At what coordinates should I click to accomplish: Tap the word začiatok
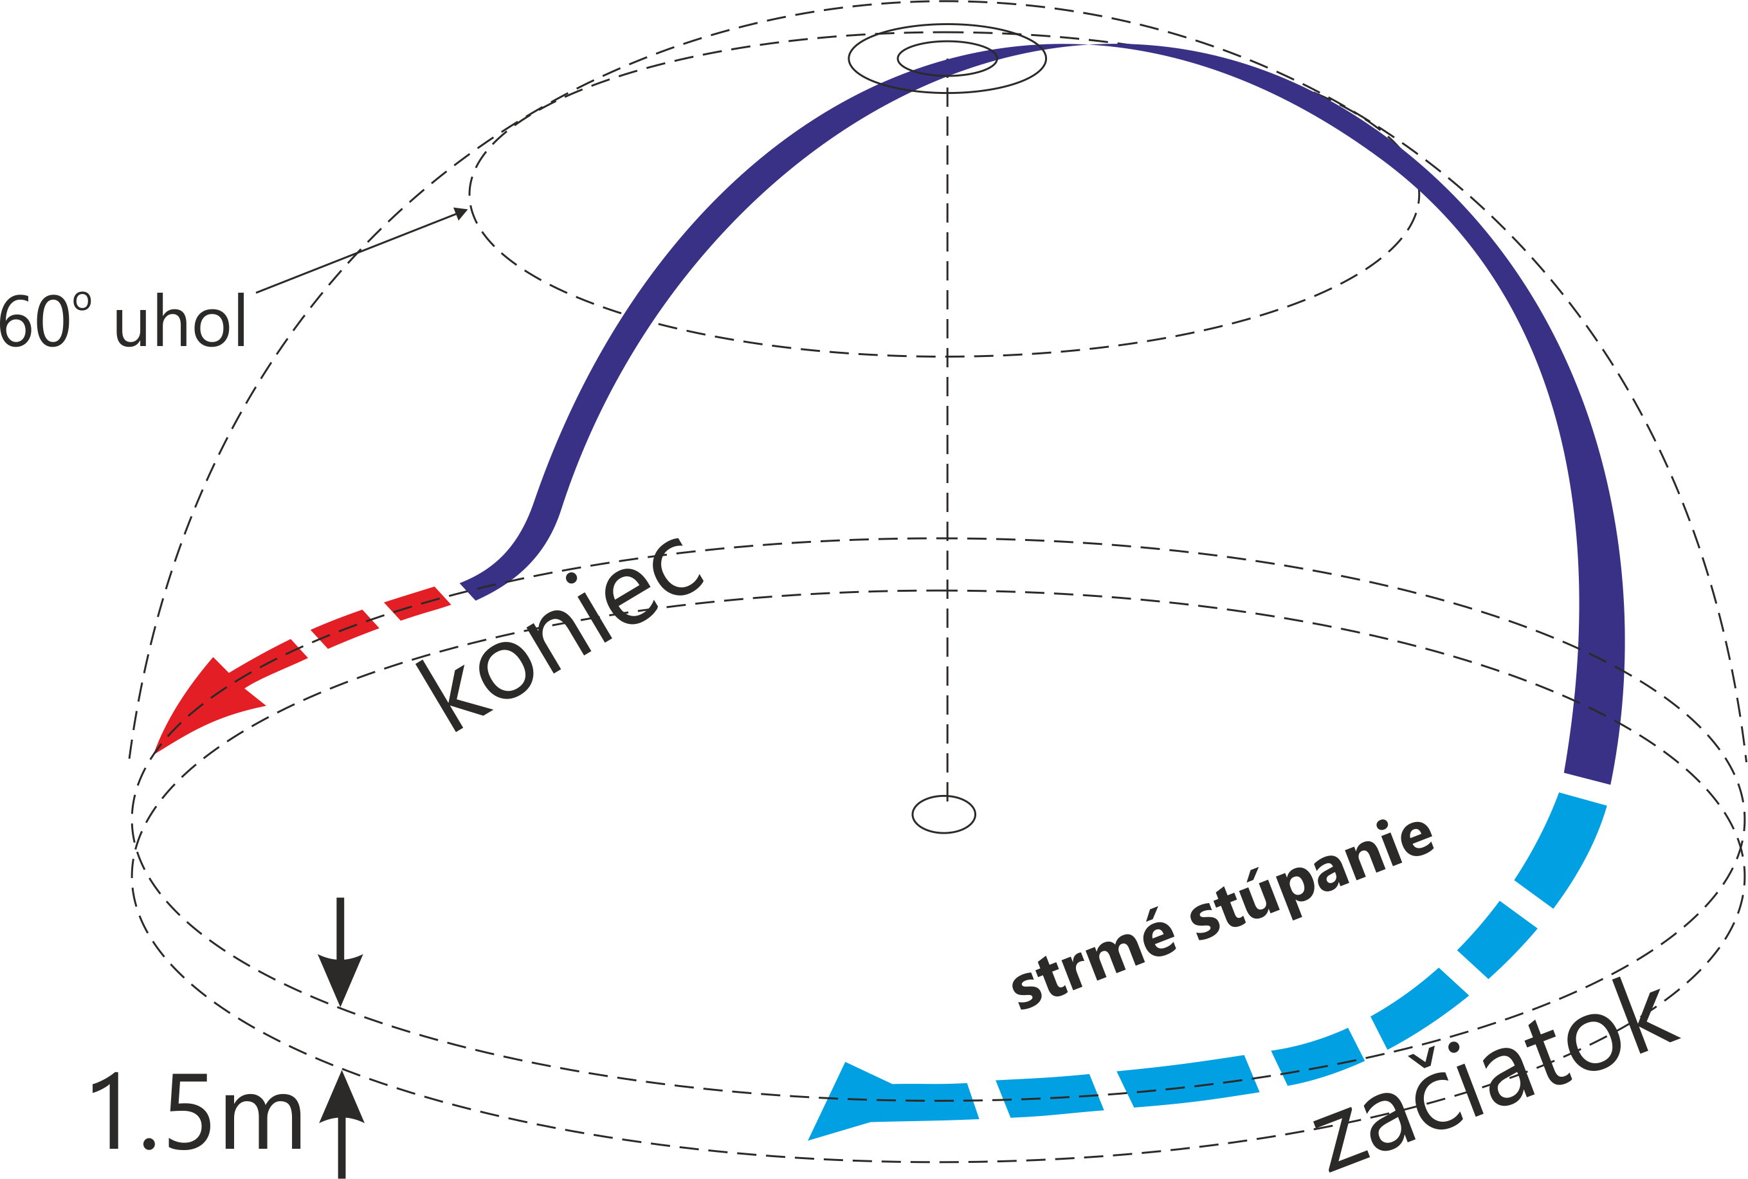pyautogui.click(x=1496, y=1083)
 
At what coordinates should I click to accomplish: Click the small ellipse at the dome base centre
pyautogui.click(x=943, y=814)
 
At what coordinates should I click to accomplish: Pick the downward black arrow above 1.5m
pyautogui.click(x=341, y=955)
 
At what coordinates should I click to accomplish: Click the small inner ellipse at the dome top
pyautogui.click(x=947, y=58)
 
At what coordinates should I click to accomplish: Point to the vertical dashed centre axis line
pyautogui.click(x=947, y=451)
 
